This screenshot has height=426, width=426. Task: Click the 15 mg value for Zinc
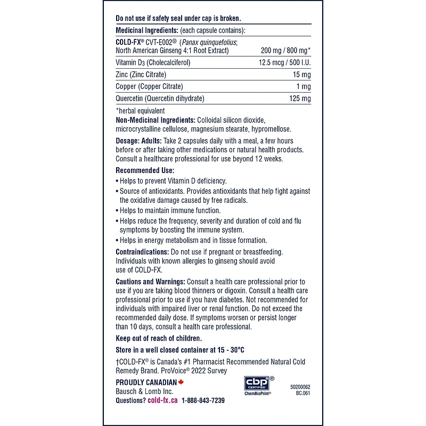coord(302,75)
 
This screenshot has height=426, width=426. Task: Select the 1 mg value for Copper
coord(304,86)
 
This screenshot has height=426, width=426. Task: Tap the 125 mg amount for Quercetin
coord(300,99)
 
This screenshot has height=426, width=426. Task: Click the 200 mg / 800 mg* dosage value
coord(285,51)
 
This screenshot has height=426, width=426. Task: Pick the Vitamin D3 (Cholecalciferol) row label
coord(153,62)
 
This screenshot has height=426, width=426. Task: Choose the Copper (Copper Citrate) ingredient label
coord(149,86)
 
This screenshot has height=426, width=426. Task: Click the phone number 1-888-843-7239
coord(203,400)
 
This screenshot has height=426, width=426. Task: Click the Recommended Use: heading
coord(145,170)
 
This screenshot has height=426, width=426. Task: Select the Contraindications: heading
coord(142,251)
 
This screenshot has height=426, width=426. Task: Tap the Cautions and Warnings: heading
coord(150,281)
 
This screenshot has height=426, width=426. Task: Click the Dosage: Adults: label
coord(138,141)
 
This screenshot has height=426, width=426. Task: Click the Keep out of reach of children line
coord(159,338)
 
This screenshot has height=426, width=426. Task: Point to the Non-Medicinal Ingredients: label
coord(155,120)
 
